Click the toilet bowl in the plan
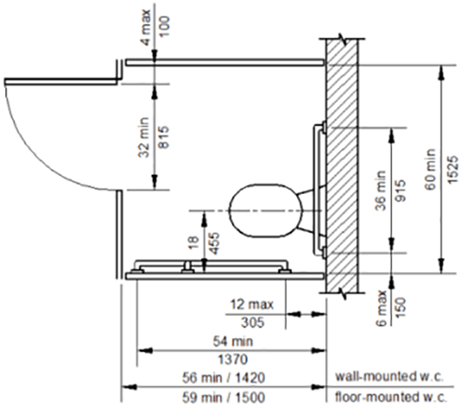(265, 210)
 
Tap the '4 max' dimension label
(146, 27)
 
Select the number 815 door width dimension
(164, 138)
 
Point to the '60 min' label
(430, 169)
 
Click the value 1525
(453, 169)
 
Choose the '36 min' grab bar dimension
(381, 191)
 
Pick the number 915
(401, 191)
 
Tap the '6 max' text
(382, 309)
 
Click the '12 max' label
(252, 304)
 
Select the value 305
(253, 323)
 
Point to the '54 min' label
(233, 342)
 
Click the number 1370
(233, 359)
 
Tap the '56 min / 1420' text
(224, 377)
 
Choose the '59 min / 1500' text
(224, 397)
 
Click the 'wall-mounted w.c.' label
(389, 377)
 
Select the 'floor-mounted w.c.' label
(390, 396)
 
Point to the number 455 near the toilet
(214, 243)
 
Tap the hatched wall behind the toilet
(342, 166)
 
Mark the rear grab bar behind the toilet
(316, 190)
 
